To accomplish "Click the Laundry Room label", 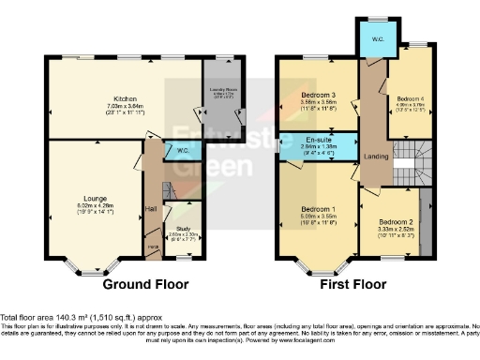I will point(221,88).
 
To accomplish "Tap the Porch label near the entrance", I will point(151,247).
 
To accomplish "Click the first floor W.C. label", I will point(371,38).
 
